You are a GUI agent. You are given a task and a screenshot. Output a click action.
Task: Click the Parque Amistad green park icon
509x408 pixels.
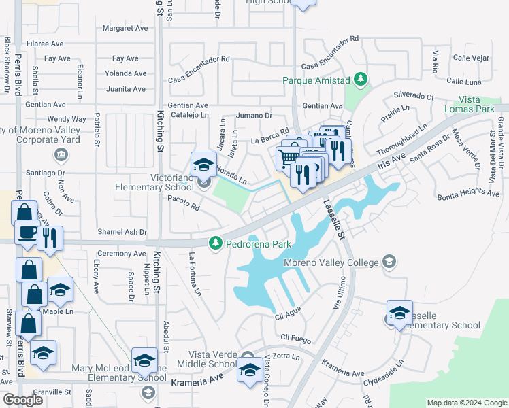click(x=361, y=80)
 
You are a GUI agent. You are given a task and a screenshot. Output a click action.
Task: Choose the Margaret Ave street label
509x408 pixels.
click(x=125, y=29)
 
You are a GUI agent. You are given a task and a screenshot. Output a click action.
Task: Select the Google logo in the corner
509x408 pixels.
click(x=22, y=400)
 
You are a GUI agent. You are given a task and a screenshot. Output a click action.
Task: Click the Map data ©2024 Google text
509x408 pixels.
click(x=466, y=403)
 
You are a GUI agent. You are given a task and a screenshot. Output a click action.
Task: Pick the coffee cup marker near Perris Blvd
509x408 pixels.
click(x=28, y=231)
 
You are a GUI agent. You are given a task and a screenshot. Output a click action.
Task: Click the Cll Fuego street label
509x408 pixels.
click(x=295, y=337)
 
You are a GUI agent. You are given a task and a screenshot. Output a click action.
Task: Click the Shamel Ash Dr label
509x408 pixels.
click(x=122, y=232)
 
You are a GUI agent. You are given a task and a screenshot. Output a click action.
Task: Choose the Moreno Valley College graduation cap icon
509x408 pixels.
click(x=389, y=262)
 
